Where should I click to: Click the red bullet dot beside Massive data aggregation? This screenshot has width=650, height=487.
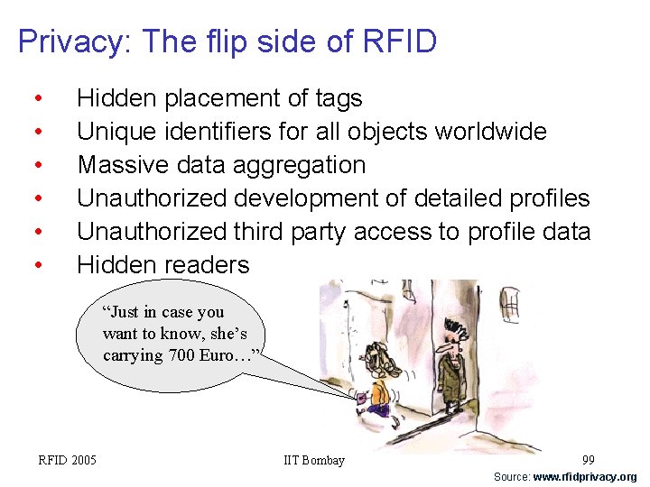tap(37, 165)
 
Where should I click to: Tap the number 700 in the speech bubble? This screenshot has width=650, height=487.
tap(181, 354)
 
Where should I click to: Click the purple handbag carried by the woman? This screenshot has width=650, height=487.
tap(363, 397)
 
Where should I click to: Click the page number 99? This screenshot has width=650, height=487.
tap(588, 460)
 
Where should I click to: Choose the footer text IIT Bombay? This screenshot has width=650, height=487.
tap(314, 460)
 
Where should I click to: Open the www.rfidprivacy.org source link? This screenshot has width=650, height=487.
tap(584, 477)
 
